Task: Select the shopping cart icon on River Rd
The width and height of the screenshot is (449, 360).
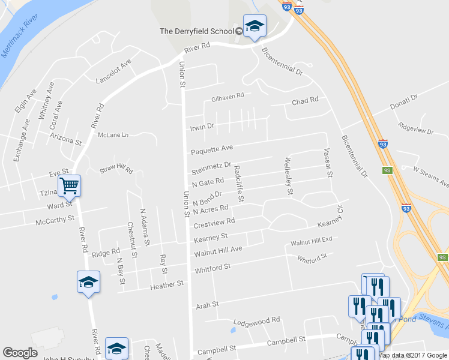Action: (69, 185)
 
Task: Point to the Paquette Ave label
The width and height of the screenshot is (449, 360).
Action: (211, 148)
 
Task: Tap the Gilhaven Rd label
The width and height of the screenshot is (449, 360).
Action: (228, 95)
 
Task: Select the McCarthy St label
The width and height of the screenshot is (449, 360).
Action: (55, 219)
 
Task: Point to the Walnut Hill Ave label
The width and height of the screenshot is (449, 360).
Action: (218, 250)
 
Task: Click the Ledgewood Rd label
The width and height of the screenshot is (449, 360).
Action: (256, 321)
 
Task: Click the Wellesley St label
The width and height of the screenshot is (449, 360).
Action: (289, 176)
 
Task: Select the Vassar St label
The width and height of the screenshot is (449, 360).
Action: (327, 163)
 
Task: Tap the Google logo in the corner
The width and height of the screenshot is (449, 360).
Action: (20, 353)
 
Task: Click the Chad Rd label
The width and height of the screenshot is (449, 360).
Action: (305, 101)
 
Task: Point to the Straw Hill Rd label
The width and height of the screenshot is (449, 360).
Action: (116, 170)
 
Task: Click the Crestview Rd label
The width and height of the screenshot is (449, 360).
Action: (214, 223)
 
